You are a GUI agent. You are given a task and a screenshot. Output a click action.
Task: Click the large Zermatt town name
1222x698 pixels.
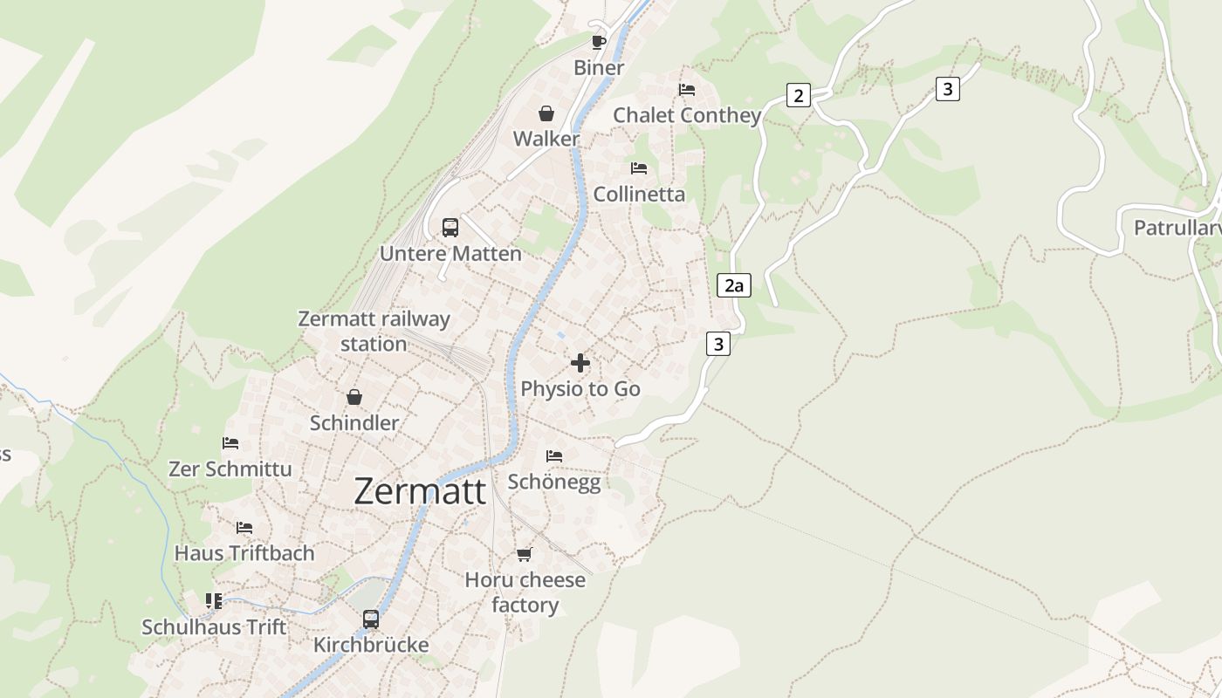coord(420,491)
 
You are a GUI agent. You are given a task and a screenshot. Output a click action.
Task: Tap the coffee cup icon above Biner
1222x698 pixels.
coord(599,42)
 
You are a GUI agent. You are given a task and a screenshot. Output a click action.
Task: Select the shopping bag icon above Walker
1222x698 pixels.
coord(546,113)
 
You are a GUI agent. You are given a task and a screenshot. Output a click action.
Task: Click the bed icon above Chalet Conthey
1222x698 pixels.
coord(687,90)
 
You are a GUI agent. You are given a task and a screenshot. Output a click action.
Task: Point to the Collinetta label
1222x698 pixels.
coord(639,194)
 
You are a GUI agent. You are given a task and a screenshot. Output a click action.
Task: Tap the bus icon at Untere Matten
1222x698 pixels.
coord(450,228)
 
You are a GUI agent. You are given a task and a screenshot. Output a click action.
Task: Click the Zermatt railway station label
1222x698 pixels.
coord(374,331)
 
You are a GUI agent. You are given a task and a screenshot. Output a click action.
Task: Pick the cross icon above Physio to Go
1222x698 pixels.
coord(580,363)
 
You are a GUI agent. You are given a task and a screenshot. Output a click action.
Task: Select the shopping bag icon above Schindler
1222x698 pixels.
coord(354,397)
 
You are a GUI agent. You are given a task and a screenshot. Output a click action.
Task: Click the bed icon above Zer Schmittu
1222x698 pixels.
coord(230,443)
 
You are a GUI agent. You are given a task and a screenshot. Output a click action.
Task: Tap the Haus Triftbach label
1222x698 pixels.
coord(244,553)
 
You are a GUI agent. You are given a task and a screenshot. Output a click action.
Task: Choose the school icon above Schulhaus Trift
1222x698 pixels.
coord(214,601)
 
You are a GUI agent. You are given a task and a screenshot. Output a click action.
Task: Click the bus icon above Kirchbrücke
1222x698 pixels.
coord(371,619)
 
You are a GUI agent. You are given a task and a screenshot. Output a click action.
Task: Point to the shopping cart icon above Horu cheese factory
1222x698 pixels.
coord(525,554)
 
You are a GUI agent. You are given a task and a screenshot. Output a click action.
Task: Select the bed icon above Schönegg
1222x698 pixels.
coord(554,455)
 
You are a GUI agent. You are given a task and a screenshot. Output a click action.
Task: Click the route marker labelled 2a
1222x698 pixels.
coord(734,285)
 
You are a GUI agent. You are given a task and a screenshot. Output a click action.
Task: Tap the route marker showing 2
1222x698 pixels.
coord(798,95)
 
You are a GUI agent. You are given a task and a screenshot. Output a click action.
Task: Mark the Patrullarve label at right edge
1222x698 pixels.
coord(1177,228)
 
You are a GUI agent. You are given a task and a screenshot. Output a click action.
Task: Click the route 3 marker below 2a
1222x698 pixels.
coord(717,344)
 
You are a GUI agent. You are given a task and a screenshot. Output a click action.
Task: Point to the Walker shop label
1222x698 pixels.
coord(546,139)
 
